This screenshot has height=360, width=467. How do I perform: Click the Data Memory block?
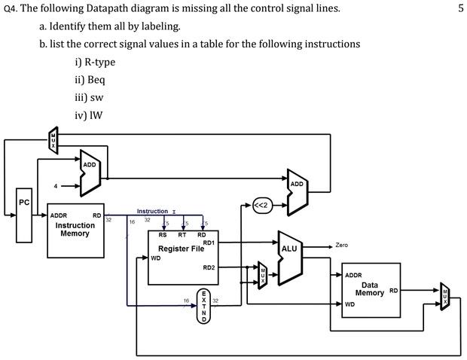click(370, 291)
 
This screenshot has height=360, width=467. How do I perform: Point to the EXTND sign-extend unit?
click(203, 305)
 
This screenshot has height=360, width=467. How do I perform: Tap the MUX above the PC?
click(53, 140)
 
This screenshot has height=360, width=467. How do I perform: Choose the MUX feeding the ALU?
click(262, 275)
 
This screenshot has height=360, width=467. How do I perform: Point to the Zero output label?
click(341, 246)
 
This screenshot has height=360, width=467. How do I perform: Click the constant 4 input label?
click(53, 185)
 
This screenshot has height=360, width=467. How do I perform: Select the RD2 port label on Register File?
click(209, 267)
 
